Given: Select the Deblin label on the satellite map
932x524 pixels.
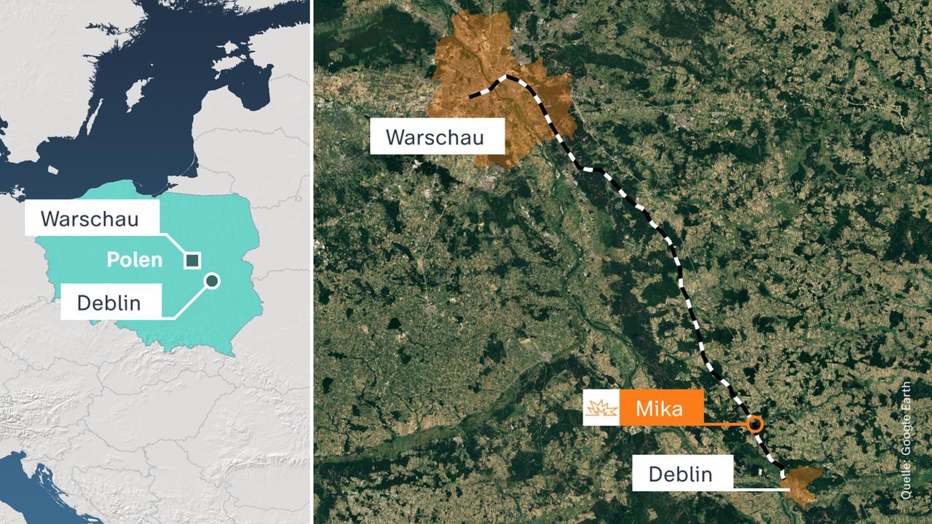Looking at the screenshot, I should (x=679, y=475).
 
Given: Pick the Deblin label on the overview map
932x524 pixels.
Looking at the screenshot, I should (x=109, y=301).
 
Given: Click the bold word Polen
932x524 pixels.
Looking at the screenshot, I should (x=135, y=260).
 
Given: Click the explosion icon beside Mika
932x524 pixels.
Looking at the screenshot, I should (x=601, y=408).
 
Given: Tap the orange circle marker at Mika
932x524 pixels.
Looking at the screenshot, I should (x=755, y=424).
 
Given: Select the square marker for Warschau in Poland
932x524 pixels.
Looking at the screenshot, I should (x=192, y=260).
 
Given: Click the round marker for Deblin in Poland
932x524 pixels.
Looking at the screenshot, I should (x=212, y=281).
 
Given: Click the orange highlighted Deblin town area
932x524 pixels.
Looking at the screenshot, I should (x=802, y=484).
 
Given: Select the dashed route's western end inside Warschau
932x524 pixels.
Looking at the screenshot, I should (x=472, y=95).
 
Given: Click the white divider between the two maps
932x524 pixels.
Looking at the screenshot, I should (x=312, y=262).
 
